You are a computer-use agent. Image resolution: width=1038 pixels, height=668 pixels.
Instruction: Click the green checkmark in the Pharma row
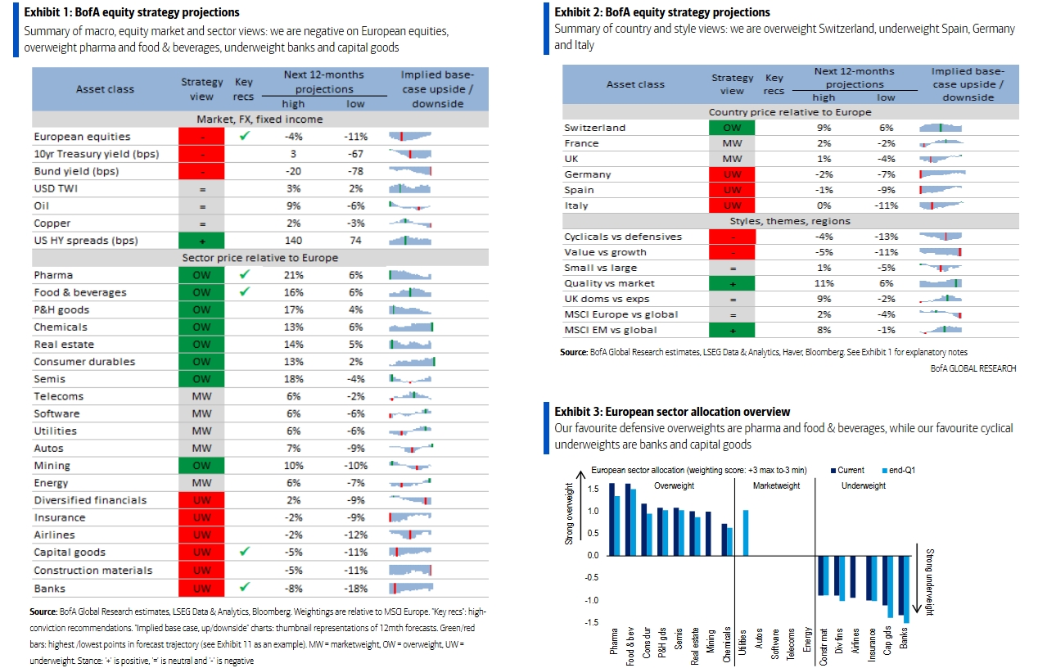pyautogui.click(x=245, y=274)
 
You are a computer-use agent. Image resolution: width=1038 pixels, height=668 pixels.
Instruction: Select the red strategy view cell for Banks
pyautogui.click(x=201, y=589)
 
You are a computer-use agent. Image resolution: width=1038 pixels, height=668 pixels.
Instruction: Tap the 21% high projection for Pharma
pyautogui.click(x=293, y=275)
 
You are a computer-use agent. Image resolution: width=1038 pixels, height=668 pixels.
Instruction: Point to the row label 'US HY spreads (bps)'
pyautogui.click(x=86, y=241)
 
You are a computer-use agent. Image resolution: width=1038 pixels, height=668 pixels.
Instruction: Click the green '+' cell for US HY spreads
pyautogui.click(x=201, y=241)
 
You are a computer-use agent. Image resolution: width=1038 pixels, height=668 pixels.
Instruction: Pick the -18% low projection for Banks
pyautogui.click(x=355, y=589)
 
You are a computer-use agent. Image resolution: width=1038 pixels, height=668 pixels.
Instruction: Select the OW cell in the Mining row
pyautogui.click(x=201, y=466)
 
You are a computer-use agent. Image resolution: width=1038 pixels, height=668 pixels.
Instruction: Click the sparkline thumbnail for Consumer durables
pyautogui.click(x=412, y=362)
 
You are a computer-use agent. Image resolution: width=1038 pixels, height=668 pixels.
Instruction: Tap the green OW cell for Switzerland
pyautogui.click(x=732, y=128)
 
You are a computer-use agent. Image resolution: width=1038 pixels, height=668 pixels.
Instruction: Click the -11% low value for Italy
pyautogui.click(x=886, y=205)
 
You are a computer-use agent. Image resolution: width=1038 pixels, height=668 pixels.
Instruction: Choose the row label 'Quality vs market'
pyautogui.click(x=609, y=283)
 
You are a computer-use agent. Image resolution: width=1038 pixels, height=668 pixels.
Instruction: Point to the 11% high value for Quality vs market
pyautogui.click(x=824, y=283)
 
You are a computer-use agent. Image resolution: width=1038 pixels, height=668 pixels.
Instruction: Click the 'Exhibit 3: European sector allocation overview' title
pyautogui.click(x=672, y=412)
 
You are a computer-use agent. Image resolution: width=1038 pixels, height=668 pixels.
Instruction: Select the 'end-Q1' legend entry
pyautogui.click(x=899, y=470)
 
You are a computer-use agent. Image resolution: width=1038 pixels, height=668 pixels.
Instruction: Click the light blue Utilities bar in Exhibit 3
pyautogui.click(x=746, y=533)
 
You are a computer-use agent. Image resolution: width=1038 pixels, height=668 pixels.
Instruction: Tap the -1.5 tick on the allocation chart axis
pyautogui.click(x=593, y=622)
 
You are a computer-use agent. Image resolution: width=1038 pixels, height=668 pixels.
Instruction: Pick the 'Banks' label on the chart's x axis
pyautogui.click(x=904, y=638)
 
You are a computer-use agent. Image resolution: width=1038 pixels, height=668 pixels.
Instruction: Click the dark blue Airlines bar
pyautogui.click(x=853, y=577)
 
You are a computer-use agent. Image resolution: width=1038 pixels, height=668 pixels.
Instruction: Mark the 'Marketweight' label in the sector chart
pyautogui.click(x=777, y=485)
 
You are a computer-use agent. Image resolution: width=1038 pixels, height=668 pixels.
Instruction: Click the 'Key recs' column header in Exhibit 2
pyautogui.click(x=774, y=84)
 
